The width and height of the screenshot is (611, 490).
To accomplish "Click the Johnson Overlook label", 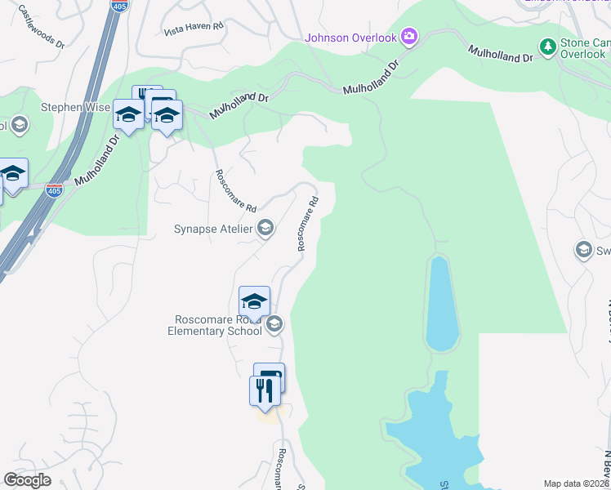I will tap(350, 38).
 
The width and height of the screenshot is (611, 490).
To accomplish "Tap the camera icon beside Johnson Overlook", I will tap(409, 37).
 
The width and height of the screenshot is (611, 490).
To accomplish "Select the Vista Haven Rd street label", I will tap(194, 29).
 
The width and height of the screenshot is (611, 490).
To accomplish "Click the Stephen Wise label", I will tap(75, 107).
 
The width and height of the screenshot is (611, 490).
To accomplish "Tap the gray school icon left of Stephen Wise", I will tap(20, 125).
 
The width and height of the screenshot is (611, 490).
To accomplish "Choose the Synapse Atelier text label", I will tap(213, 229).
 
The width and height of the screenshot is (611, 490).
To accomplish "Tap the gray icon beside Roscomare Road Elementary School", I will tap(274, 324).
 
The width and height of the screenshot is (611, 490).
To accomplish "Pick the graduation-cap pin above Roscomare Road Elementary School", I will tap(254, 301).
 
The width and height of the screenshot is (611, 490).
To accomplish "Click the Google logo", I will tap(26, 480).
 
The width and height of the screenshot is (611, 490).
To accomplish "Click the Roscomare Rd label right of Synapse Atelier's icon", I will tap(307, 222).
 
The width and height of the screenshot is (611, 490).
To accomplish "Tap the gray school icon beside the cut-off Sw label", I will tap(584, 249).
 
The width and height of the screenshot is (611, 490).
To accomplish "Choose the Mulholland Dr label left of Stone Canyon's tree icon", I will tap(501, 55).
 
